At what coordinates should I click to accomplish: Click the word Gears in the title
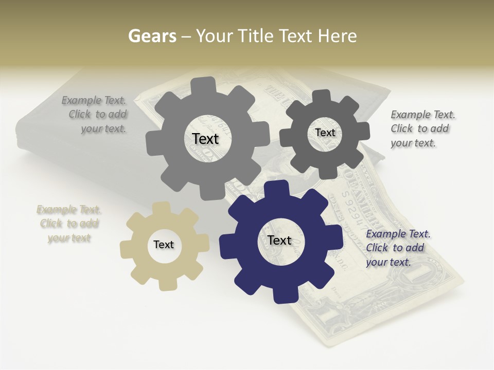coord(152,36)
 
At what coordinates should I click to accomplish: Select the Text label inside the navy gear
coord(279,240)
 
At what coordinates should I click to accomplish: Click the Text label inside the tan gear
coord(164,245)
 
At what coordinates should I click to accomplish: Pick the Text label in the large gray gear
coord(205,139)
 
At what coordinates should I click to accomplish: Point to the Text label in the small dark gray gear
coord(325,133)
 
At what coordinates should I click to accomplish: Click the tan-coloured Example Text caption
coord(69,224)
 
